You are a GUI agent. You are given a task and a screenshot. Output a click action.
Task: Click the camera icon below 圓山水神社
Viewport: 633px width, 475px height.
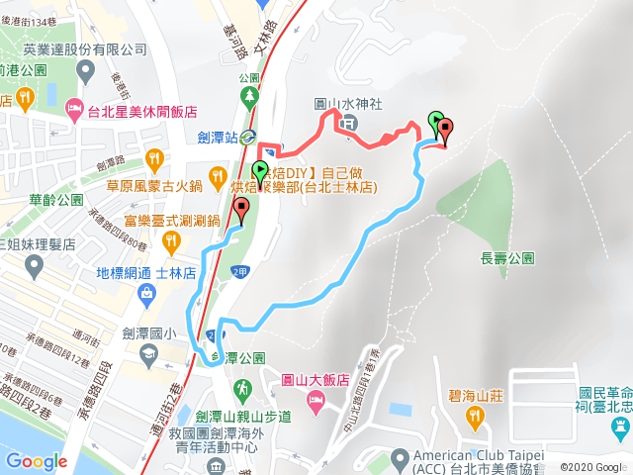(350, 125)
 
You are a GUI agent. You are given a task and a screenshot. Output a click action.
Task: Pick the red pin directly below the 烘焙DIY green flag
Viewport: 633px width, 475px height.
(242, 210)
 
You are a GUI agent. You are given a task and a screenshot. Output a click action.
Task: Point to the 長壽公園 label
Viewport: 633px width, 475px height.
(507, 258)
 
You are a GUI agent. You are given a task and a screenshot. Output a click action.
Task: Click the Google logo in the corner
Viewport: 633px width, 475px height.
(37, 461)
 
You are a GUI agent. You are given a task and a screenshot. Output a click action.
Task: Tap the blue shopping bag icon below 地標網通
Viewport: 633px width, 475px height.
(145, 293)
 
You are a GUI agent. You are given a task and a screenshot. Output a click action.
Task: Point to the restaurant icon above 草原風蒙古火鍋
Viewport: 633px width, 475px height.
(154, 157)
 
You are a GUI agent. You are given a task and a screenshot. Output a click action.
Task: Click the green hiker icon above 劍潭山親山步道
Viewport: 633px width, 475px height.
(238, 386)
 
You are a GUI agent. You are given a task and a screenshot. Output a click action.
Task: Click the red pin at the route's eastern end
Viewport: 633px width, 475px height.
(445, 130)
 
